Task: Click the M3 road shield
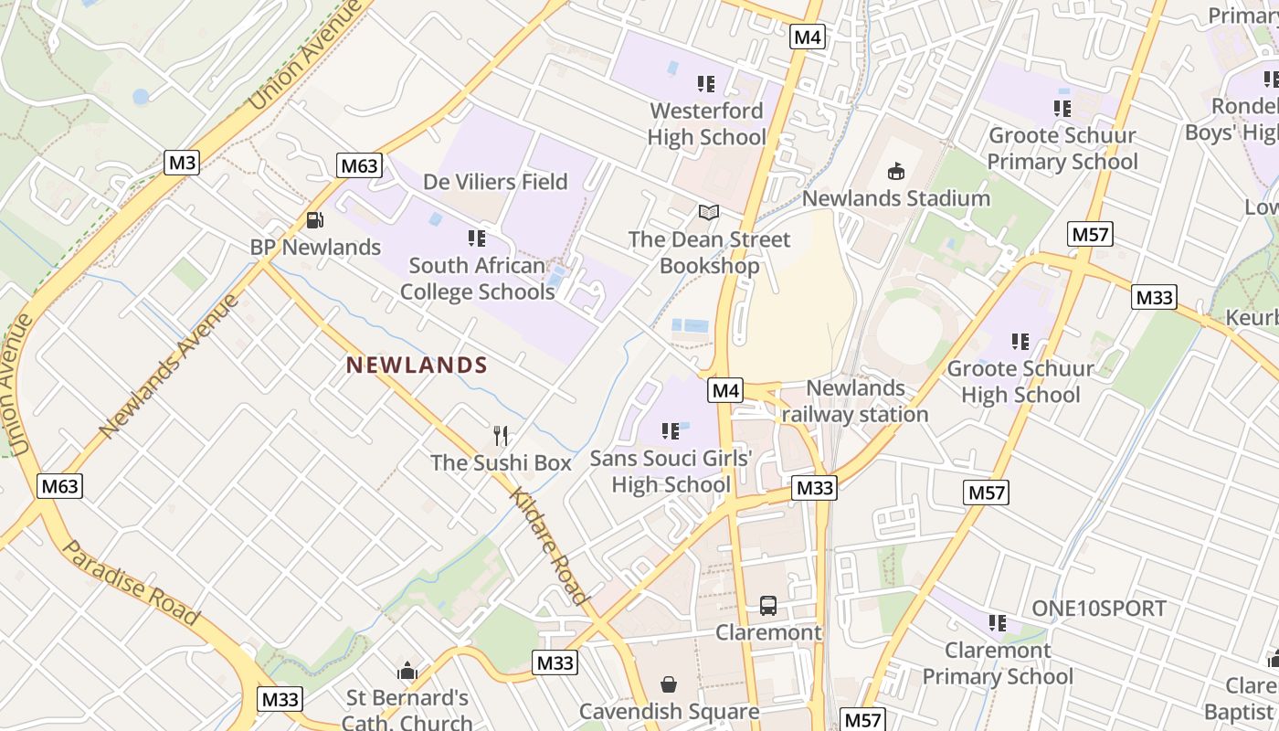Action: point(183,163)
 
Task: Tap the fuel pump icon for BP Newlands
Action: point(314,220)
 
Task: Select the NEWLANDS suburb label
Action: point(417,365)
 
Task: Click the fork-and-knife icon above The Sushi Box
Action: point(500,436)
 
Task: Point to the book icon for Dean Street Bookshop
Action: point(709,213)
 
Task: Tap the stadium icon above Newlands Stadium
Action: point(896,171)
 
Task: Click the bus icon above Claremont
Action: point(768,605)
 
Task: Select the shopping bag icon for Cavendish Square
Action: point(669,684)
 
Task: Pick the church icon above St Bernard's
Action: point(407,672)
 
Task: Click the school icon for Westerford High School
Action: point(706,84)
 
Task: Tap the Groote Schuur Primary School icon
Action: point(1062,109)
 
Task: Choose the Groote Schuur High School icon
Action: point(1020,342)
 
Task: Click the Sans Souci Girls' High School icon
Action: point(671,430)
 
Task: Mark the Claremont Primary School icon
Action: point(998,623)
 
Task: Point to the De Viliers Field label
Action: point(495,182)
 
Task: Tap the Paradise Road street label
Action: point(131,582)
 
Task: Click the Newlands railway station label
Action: point(855,401)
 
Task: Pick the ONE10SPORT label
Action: point(1099,609)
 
